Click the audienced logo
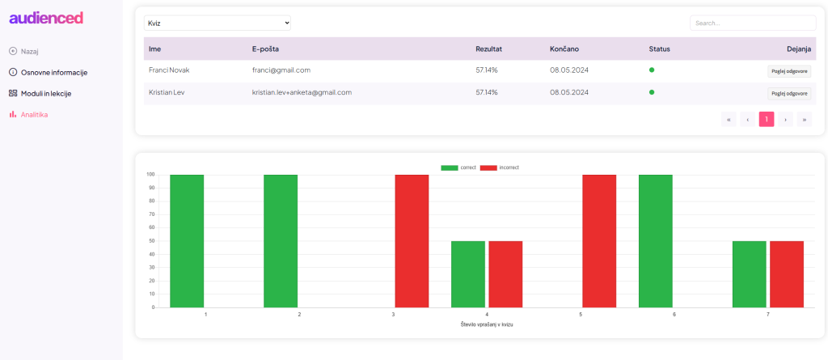[46, 18]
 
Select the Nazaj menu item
[29, 51]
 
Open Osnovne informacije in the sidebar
[53, 72]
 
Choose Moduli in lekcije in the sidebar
[45, 93]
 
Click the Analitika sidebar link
[34, 114]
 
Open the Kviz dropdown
[217, 23]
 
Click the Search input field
[752, 23]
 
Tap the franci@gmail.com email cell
[281, 70]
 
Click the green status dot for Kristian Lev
[652, 92]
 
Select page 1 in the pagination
[767, 119]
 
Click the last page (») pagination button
[805, 119]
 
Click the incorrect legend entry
[499, 167]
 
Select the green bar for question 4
[468, 274]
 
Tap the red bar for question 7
[787, 274]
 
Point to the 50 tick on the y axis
[150, 241]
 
